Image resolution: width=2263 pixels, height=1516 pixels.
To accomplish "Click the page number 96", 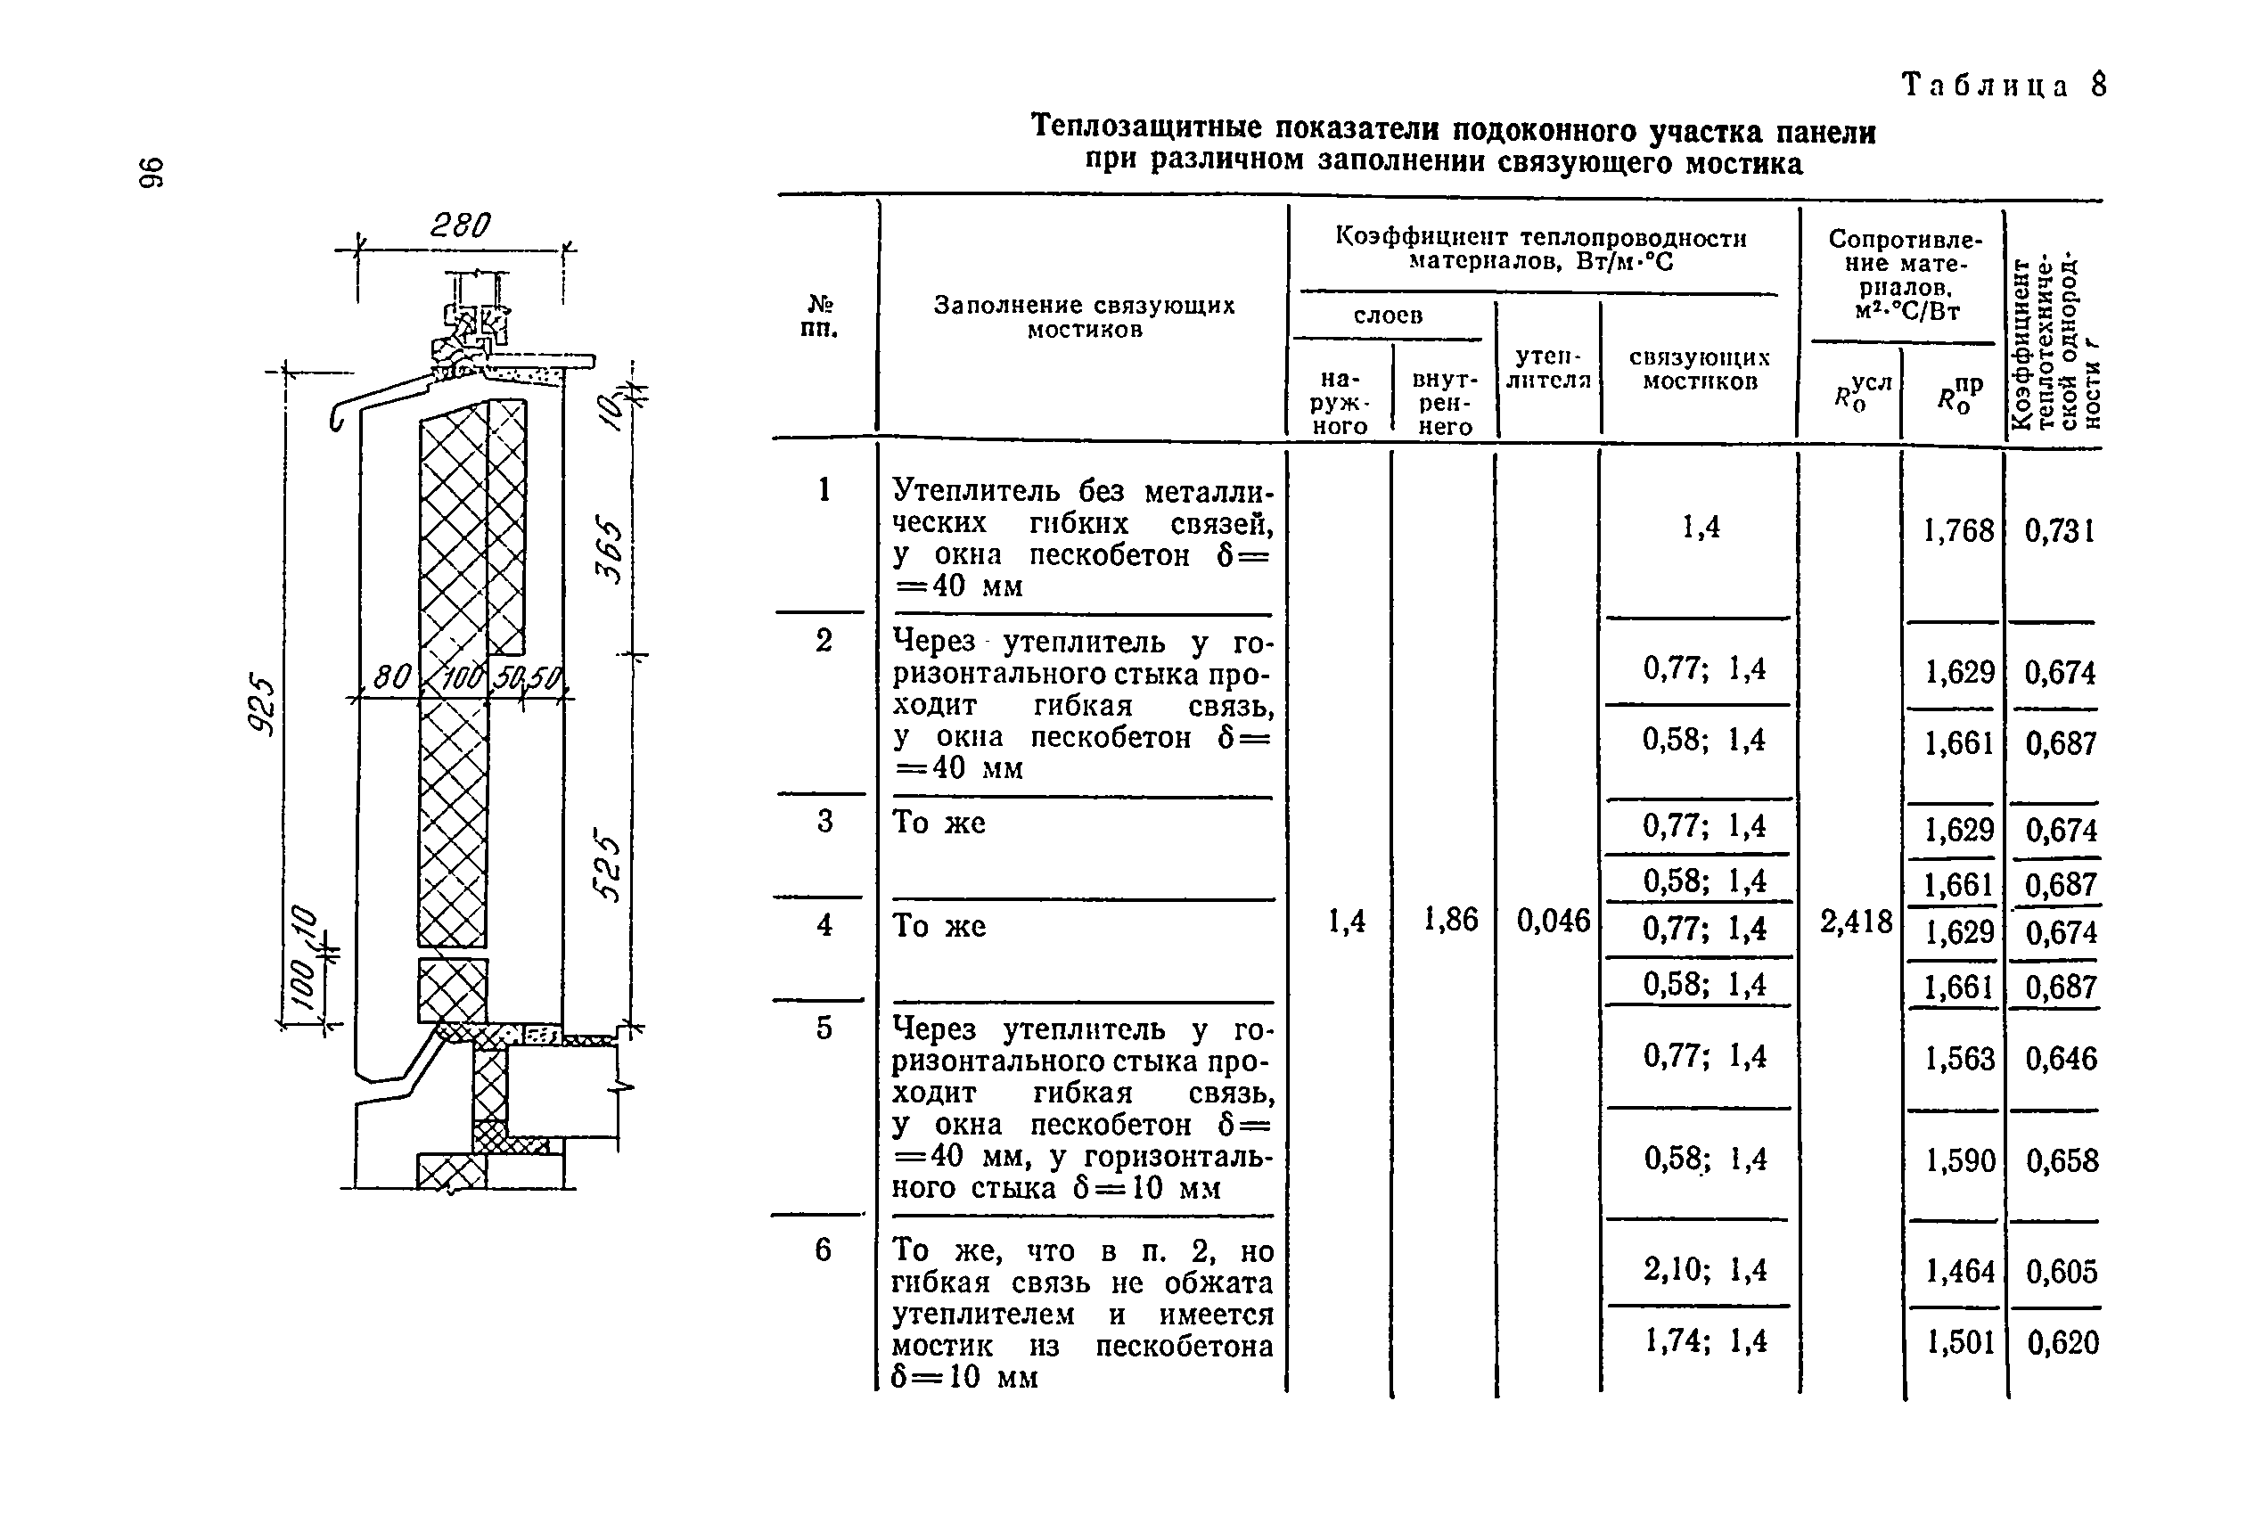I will coord(152,172).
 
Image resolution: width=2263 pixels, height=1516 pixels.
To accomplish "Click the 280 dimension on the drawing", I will coord(460,225).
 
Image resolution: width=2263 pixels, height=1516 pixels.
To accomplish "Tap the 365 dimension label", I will coord(610,548).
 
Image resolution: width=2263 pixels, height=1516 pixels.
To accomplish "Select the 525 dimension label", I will coord(610,864).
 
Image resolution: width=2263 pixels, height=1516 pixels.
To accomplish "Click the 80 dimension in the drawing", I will coord(391,676).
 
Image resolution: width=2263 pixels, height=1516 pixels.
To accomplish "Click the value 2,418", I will coord(1856,922).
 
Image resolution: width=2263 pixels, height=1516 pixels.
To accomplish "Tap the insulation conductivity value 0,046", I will coord(1553,921).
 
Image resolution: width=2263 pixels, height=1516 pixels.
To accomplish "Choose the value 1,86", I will coord(1450,920).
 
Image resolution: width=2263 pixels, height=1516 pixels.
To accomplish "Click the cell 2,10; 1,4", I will coord(1704,1269).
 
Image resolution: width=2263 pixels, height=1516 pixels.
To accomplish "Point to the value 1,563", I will coord(1958,1059).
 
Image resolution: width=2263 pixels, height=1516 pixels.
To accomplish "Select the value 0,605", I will coord(2061,1272).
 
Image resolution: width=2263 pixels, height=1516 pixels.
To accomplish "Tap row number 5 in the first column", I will coord(824,1028).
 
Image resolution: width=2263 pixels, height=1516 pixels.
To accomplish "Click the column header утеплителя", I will coord(1547,368).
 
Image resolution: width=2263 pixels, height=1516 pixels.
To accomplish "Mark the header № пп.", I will coord(820,316).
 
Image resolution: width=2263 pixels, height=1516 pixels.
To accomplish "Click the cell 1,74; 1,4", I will coord(1705,1340).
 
